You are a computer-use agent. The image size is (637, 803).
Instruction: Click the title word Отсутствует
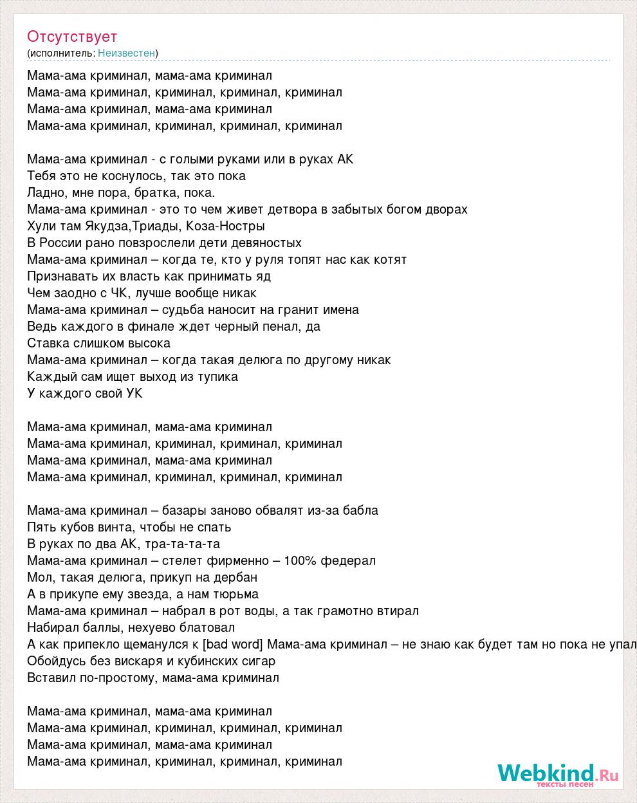pos(72,37)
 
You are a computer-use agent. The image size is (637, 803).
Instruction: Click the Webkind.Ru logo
pos(557,774)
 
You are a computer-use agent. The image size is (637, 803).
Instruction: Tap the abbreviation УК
pos(134,393)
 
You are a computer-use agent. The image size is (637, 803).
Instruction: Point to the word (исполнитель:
pos(61,53)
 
